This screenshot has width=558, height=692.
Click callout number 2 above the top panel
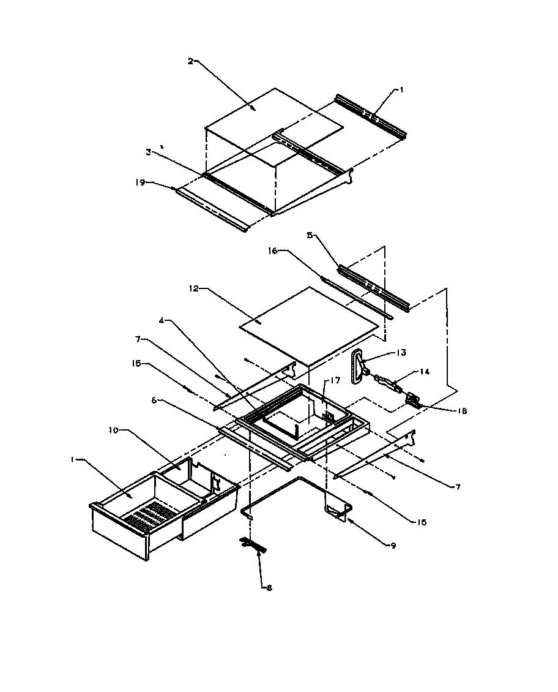coord(190,61)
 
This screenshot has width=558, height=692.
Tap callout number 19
coord(139,181)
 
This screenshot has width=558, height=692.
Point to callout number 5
coord(310,234)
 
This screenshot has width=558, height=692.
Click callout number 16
coord(273,250)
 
